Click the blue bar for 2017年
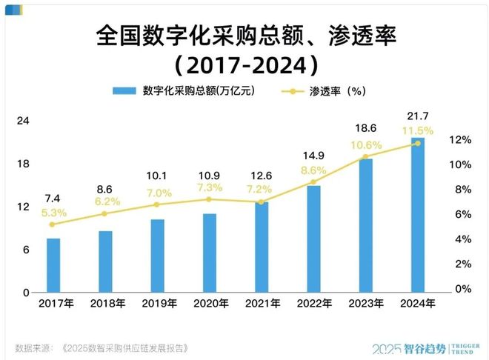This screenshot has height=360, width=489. [53, 265]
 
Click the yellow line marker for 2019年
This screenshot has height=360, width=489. [157, 204]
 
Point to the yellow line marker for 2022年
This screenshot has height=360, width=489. [313, 181]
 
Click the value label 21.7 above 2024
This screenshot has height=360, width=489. [418, 116]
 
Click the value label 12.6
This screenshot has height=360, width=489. [261, 175]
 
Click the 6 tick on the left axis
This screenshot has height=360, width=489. [25, 250]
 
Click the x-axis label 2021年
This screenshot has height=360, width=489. [262, 304]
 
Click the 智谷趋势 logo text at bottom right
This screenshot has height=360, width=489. [429, 347]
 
